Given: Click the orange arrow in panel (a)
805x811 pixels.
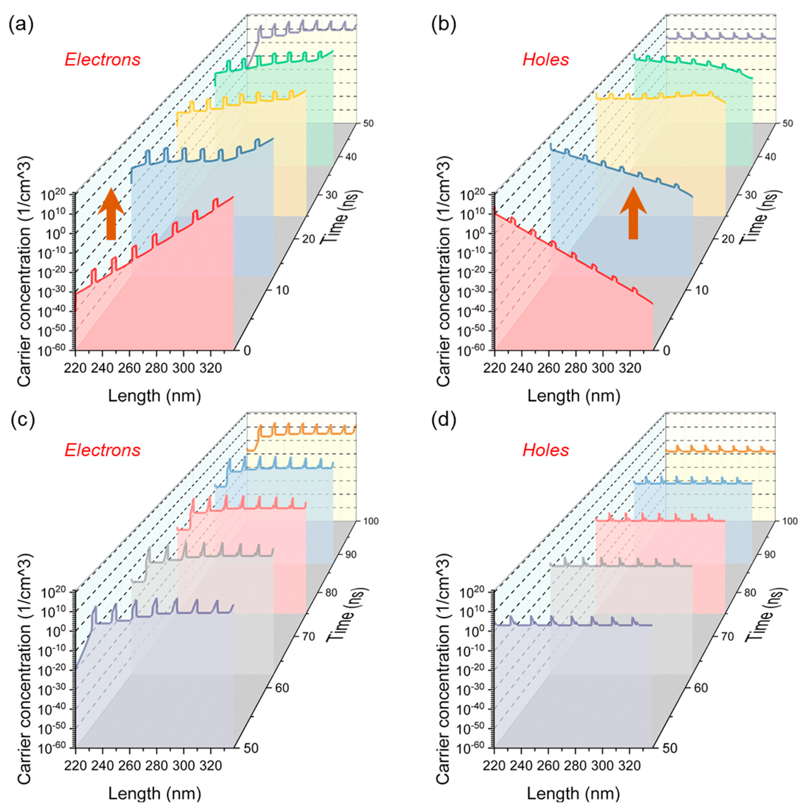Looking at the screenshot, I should tap(111, 214).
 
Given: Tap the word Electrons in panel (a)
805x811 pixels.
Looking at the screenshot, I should tap(102, 60).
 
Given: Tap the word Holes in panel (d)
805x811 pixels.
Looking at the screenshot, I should tap(545, 450).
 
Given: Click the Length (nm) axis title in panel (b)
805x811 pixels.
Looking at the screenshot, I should tap(573, 395).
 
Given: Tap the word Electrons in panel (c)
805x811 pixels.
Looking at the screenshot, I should tap(102, 450).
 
